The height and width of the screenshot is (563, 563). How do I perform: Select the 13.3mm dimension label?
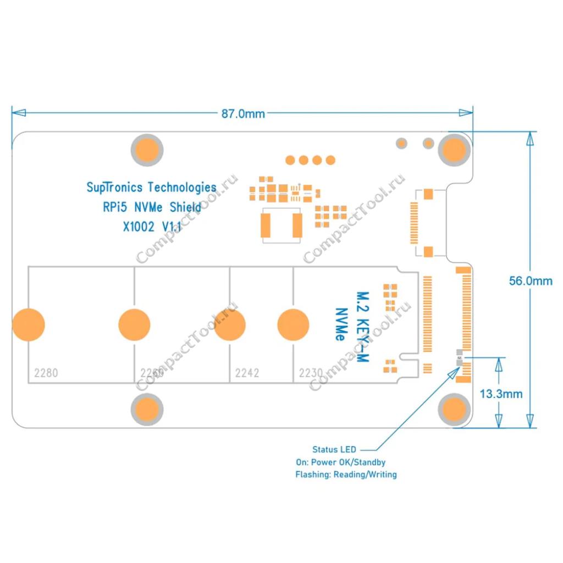tap(501, 394)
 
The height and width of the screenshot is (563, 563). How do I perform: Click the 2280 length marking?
tap(46, 373)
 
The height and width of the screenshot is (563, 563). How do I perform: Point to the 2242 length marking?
tap(247, 373)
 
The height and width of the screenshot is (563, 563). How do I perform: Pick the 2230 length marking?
tap(311, 373)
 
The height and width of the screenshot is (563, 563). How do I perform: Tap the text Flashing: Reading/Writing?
tap(346, 474)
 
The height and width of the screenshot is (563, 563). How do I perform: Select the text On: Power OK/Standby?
tap(340, 462)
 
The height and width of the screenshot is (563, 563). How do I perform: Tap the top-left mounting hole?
tap(147, 149)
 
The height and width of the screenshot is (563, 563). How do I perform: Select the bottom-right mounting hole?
tap(454, 410)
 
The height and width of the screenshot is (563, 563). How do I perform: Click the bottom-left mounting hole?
tap(147, 410)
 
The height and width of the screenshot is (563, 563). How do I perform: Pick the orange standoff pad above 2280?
tap(27, 324)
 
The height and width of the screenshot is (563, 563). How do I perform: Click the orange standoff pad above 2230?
tap(293, 324)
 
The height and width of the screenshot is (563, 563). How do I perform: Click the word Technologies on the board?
tap(183, 187)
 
